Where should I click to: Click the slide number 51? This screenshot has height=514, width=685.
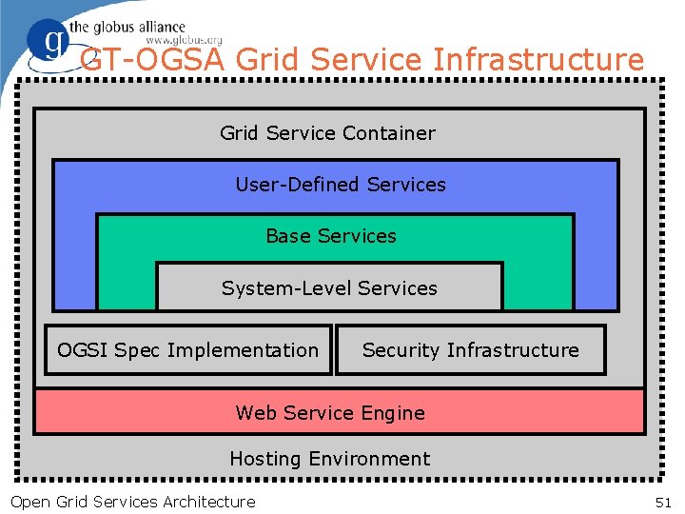(x=663, y=502)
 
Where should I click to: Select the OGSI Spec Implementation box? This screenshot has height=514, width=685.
(x=188, y=350)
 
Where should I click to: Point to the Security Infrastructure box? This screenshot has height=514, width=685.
(x=470, y=350)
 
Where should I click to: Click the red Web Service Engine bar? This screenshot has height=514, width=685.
(x=339, y=412)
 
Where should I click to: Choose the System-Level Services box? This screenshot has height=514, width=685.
(x=329, y=287)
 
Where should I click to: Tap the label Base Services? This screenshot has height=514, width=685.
(x=331, y=236)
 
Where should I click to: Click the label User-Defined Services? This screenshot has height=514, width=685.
(x=341, y=185)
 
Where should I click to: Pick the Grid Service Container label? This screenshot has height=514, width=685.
(x=327, y=133)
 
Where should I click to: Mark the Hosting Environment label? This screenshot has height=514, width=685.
(x=329, y=459)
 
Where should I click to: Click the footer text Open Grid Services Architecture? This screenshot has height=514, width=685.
(x=132, y=502)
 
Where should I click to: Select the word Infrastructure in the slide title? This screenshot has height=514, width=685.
(x=538, y=60)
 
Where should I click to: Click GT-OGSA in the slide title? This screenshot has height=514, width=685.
(x=153, y=60)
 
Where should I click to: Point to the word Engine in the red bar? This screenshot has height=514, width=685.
(x=393, y=413)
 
